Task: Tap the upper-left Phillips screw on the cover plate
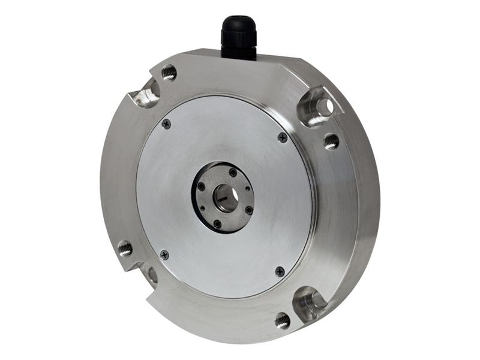pos(166,124)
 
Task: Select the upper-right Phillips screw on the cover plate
pos(283,137)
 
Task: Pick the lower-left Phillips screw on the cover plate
pos(164,254)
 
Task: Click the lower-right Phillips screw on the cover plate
pos(280,271)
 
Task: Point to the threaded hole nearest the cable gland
pos(170,73)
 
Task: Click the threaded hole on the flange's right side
pos(331,142)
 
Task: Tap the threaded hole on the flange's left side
pos(125,247)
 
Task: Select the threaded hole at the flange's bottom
pos(283,320)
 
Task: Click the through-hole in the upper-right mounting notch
pos(324,106)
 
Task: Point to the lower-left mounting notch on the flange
pos(148,274)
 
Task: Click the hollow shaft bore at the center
pos(227,198)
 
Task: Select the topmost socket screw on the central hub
pos(233,173)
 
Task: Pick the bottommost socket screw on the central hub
pos(217,224)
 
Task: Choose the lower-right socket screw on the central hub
pos(248,210)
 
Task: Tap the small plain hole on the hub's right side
pos(248,188)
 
